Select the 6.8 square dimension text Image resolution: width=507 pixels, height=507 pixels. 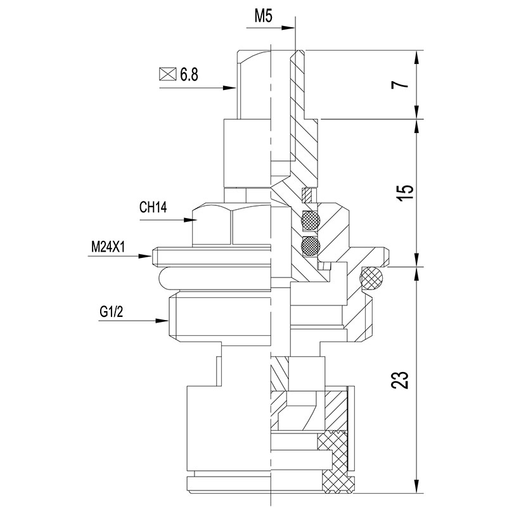click(x=189, y=75)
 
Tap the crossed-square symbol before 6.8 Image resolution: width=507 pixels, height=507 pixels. click(x=167, y=74)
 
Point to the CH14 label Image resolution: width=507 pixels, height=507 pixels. click(x=153, y=207)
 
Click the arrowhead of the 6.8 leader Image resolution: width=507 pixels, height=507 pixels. click(x=231, y=88)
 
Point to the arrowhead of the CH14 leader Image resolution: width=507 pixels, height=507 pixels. click(x=194, y=220)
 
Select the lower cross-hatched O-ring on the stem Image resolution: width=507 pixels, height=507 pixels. click(x=311, y=244)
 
